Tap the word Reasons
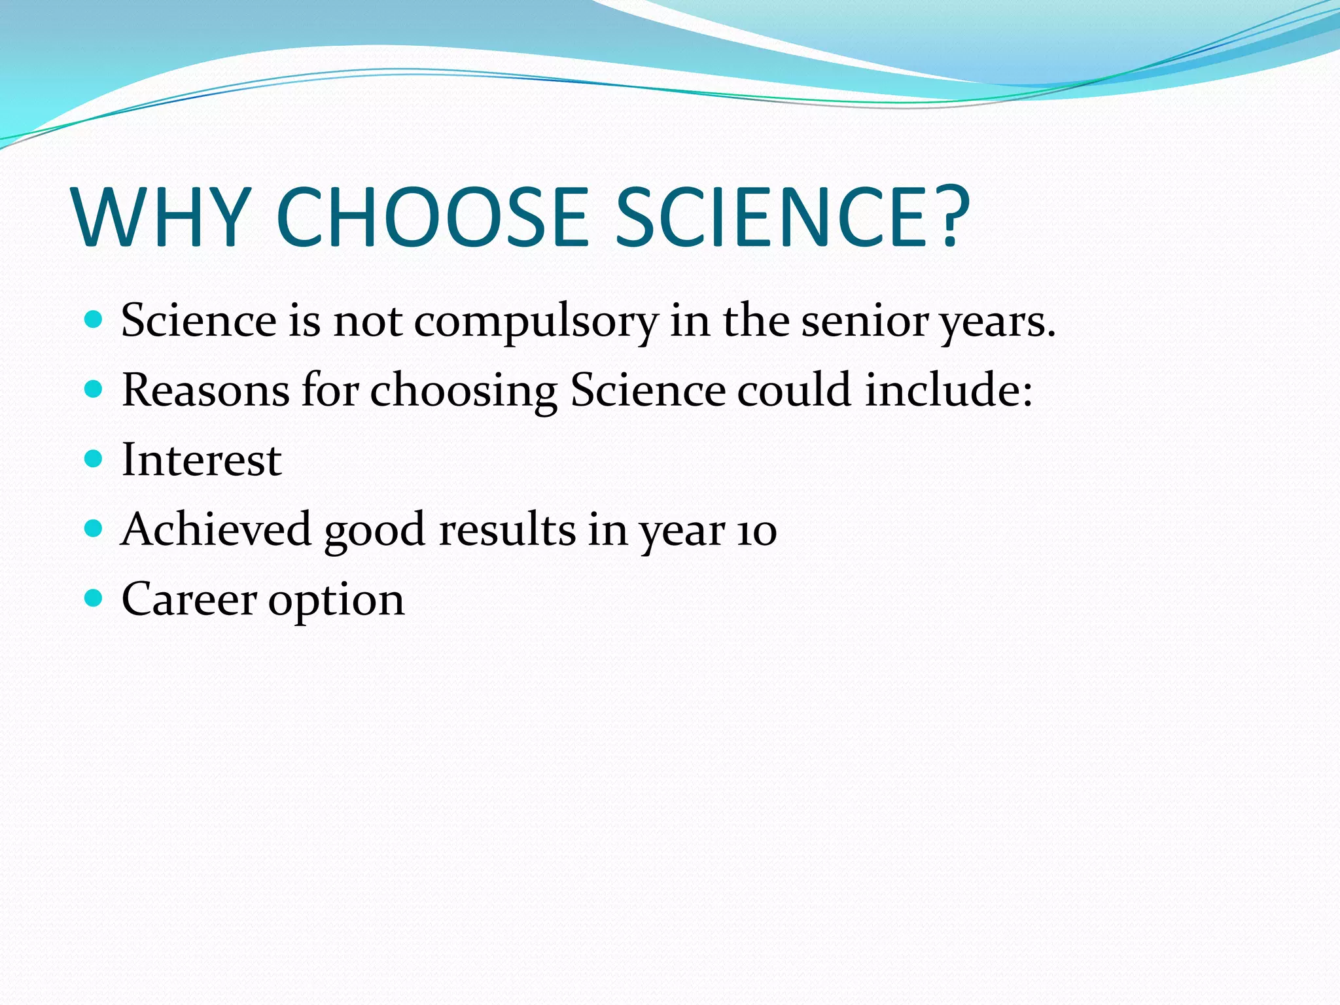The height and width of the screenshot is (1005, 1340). point(205,391)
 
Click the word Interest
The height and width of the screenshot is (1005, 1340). point(202,460)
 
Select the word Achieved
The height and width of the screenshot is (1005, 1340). point(216,529)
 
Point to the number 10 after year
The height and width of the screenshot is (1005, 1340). point(757,531)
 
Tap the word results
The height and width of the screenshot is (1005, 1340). point(508,529)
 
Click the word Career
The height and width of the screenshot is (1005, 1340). point(189,599)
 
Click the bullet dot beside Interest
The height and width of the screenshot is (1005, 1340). point(94,459)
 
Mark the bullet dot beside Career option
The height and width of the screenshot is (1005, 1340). point(94,598)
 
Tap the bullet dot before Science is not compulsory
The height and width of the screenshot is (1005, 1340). point(94,319)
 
